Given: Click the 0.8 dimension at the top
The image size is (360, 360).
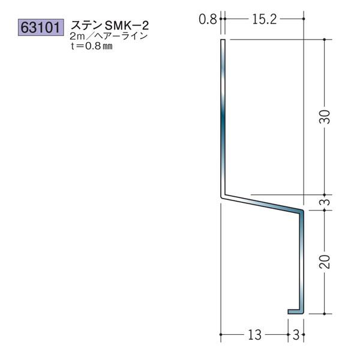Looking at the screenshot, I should coord(207,19).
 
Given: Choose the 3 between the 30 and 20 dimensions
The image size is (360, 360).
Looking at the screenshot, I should coord(324,202).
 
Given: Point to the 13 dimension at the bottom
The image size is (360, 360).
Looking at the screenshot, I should coord(254,335).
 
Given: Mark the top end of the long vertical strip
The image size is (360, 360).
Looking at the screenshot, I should coord(223,42).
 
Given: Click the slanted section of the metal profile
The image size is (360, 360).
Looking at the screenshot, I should coord(262,203).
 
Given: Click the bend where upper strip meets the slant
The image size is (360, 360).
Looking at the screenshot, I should coord(223,195).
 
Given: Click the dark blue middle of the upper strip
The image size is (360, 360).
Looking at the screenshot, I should coord(223,120).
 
